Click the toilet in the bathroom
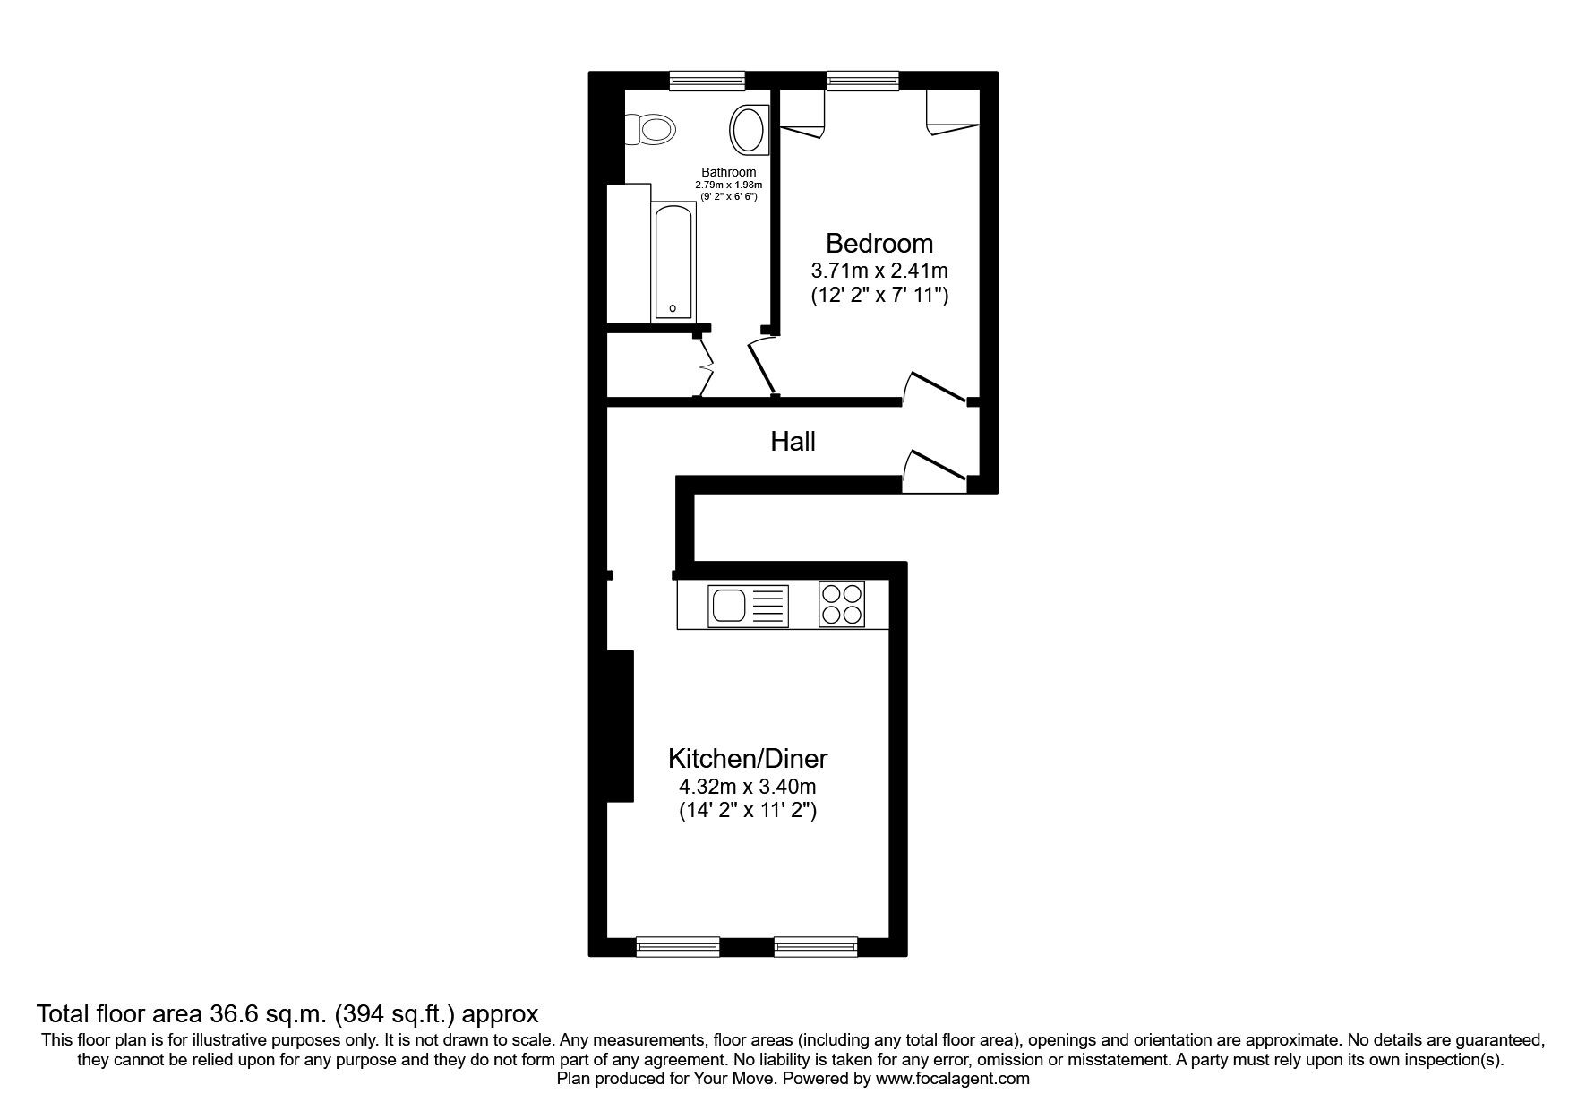[x=650, y=129]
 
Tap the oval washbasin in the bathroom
[x=749, y=130]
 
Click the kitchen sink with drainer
[x=748, y=606]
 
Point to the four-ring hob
[x=842, y=604]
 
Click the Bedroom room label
[x=879, y=243]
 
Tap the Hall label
[x=793, y=441]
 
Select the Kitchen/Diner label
[x=748, y=759]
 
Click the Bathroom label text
[x=728, y=172]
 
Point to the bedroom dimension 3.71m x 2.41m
[x=879, y=270]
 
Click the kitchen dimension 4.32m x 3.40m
[x=748, y=788]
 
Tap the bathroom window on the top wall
[x=707, y=82]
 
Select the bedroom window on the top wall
[x=862, y=82]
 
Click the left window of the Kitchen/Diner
[x=678, y=946]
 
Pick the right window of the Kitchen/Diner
[x=816, y=946]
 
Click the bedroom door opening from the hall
[x=937, y=388]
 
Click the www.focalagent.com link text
[x=952, y=1079]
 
